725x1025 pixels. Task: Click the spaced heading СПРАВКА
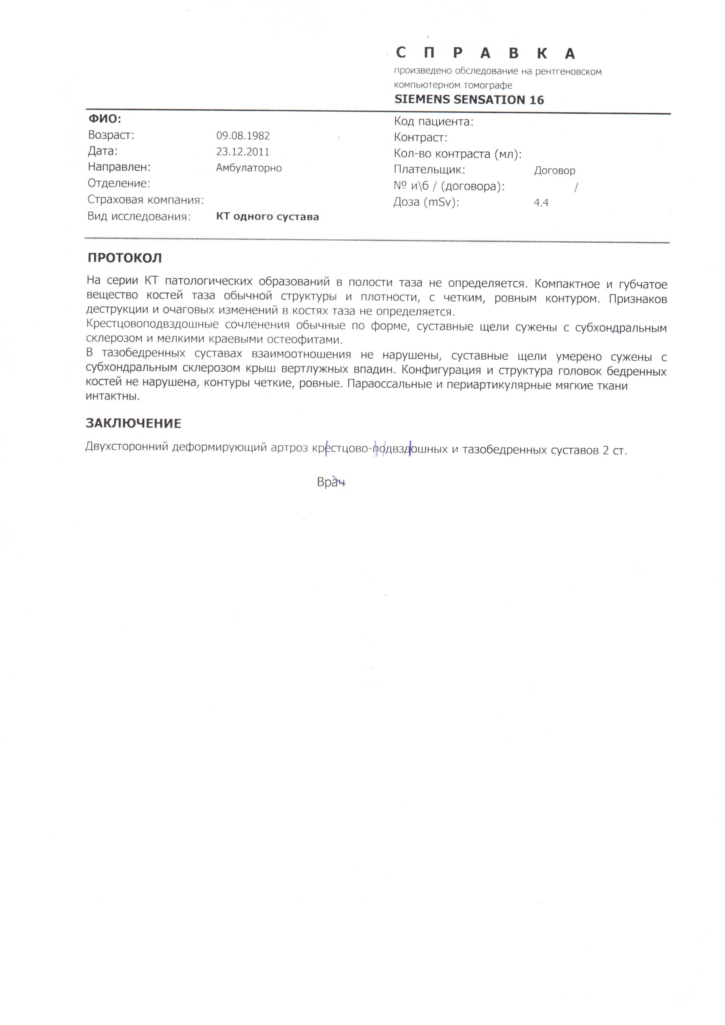[x=485, y=53]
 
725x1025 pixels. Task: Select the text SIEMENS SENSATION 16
[x=469, y=100]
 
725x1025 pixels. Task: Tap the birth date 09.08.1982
[x=243, y=136]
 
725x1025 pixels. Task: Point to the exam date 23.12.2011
[x=243, y=152]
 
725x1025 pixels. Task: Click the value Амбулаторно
[x=249, y=168]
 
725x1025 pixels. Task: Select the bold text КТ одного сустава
[x=267, y=217]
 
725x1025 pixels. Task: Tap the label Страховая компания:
[x=146, y=200]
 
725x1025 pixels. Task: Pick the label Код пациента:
[x=433, y=122]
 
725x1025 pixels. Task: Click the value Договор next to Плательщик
[x=554, y=171]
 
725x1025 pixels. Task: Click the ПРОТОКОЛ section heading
[x=124, y=258]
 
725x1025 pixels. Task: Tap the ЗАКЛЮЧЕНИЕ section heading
[x=134, y=423]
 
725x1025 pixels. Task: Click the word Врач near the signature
[x=331, y=482]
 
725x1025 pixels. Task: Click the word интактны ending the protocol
[x=113, y=396]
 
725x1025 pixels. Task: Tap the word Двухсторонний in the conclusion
[x=127, y=447]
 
